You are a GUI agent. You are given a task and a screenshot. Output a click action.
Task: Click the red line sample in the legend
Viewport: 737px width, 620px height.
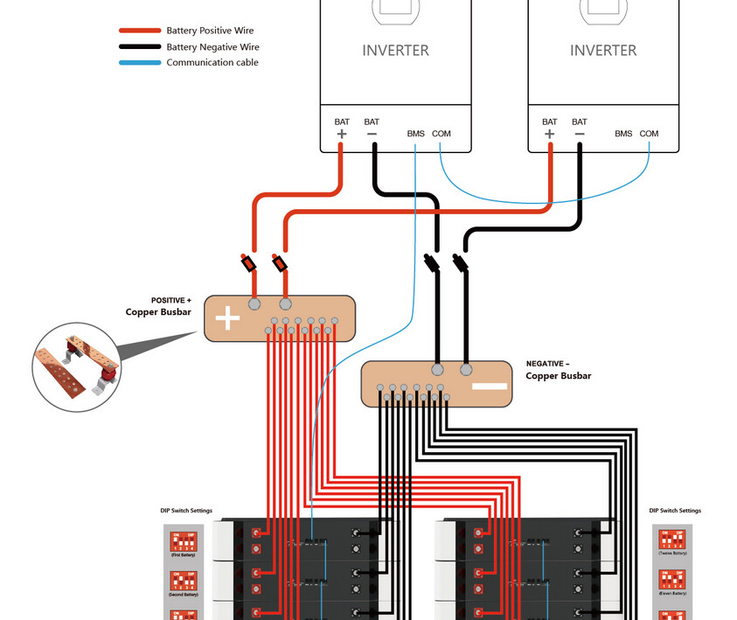pos(140,31)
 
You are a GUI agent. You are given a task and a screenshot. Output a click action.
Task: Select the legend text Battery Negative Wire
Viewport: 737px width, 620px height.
pos(212,47)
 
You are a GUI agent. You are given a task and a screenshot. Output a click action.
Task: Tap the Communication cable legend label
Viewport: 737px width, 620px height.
pos(212,63)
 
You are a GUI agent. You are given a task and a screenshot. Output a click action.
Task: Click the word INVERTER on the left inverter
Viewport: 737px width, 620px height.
pos(395,51)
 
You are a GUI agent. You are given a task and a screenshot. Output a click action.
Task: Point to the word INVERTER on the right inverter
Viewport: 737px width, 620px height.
pos(603,51)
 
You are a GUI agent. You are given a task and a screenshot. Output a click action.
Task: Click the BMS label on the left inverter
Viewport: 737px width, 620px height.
pos(415,134)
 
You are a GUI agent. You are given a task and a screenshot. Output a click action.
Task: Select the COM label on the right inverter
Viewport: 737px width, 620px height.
pos(649,134)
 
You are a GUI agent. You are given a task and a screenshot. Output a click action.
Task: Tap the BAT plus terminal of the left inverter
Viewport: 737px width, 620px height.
pos(341,134)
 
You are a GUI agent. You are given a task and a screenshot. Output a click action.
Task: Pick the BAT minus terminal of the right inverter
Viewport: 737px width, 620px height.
pos(579,134)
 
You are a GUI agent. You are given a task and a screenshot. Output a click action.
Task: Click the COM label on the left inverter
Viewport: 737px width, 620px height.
pos(442,134)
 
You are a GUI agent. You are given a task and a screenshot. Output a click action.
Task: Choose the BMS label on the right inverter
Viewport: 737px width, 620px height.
pos(623,134)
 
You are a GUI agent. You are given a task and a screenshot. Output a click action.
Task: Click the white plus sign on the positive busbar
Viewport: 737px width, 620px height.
pos(227,317)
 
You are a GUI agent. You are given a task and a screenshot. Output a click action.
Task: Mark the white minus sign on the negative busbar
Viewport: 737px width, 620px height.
pos(490,386)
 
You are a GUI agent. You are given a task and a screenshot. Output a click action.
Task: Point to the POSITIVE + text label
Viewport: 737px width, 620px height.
pos(170,300)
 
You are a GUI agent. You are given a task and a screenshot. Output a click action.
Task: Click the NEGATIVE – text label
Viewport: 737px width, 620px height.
pos(547,363)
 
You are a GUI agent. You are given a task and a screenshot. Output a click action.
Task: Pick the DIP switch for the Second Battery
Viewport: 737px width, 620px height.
pos(184,580)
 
